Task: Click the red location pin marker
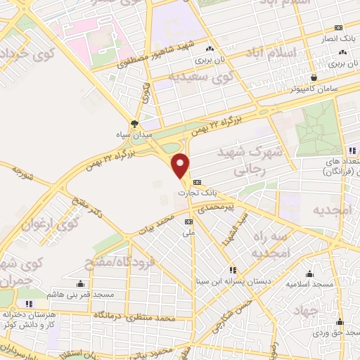tap(181, 165)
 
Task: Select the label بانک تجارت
tap(195, 190)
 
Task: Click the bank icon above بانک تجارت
tap(196, 179)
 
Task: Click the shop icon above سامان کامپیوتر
tap(313, 77)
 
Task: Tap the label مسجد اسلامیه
tap(308, 285)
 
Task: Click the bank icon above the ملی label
tap(188, 220)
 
